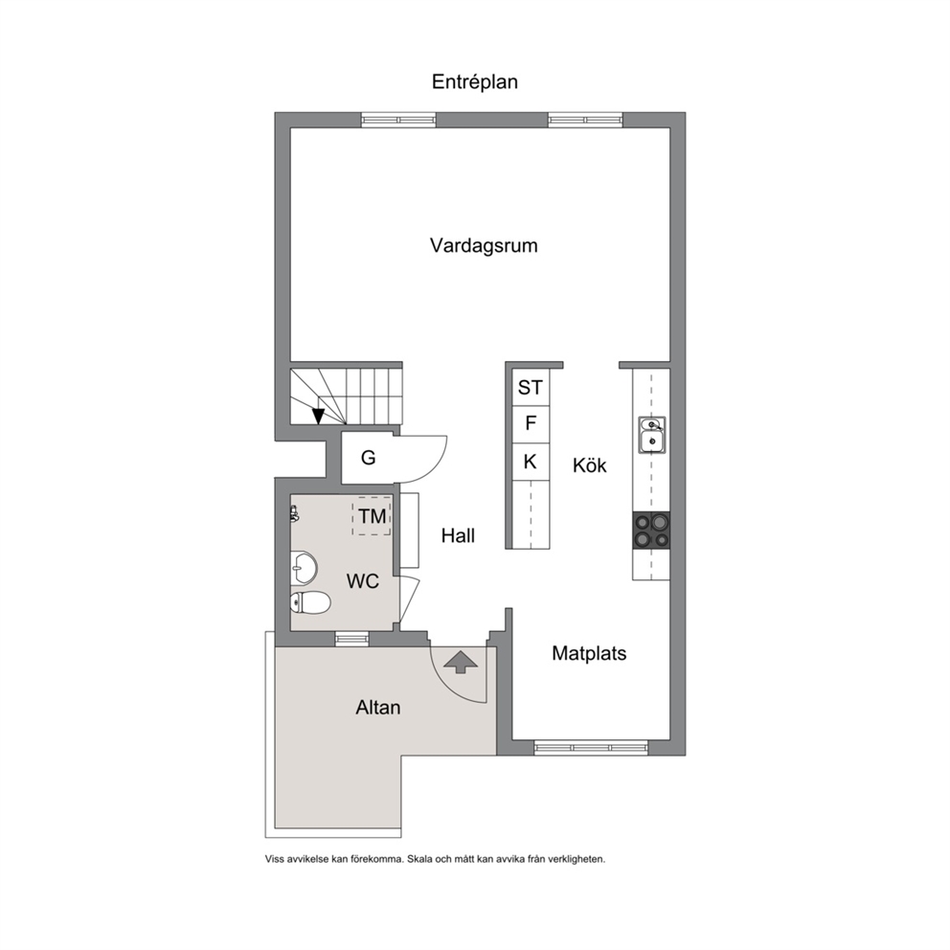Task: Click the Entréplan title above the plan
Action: coord(474,81)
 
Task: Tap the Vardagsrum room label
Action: coord(484,245)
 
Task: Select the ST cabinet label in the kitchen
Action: coord(531,387)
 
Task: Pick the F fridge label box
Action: coord(531,423)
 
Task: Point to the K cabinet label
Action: coord(531,462)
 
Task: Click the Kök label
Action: coord(590,465)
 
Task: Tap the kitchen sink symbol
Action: coord(652,435)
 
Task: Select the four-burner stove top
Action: coord(651,531)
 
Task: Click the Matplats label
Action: coord(589,653)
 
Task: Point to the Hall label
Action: coord(458,535)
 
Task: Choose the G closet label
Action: coord(369,458)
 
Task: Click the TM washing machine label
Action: coord(372,516)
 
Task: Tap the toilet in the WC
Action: coord(309,602)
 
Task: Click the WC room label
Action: coord(363,581)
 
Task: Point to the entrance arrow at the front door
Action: coord(461,662)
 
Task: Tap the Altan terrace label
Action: coord(378,708)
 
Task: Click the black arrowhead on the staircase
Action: coord(318,417)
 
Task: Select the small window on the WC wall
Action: coord(351,639)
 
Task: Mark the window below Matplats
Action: coord(591,748)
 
